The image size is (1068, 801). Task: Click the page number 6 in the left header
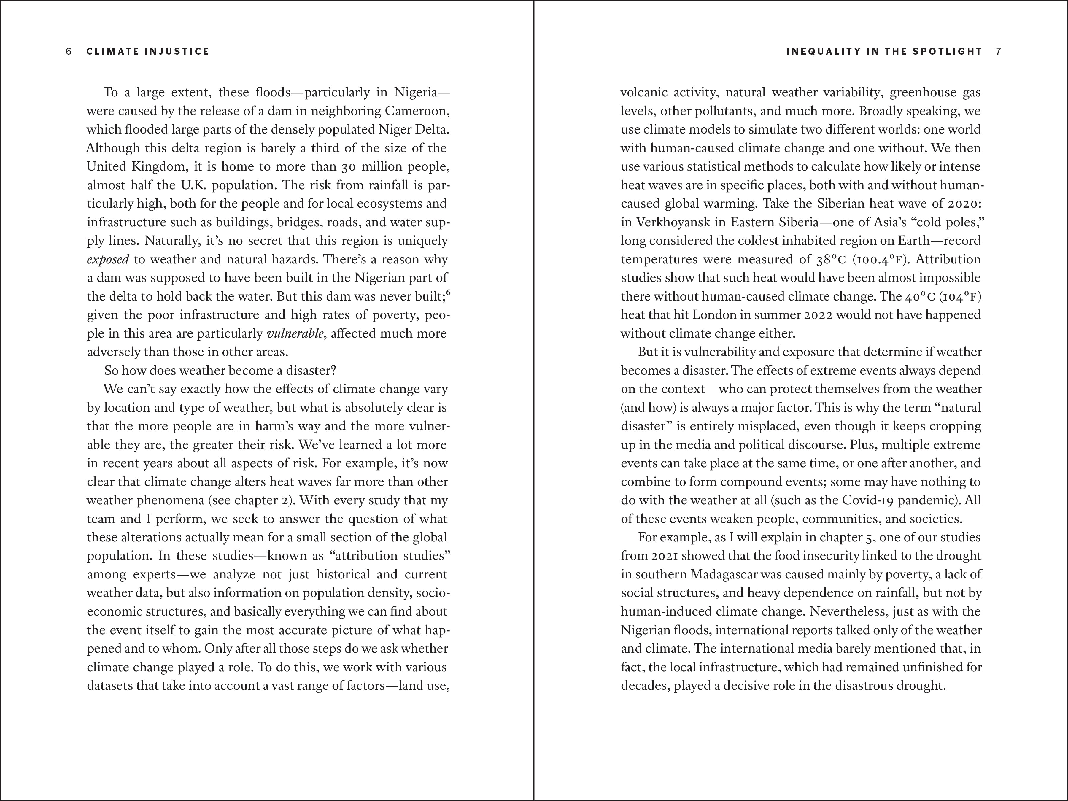click(69, 51)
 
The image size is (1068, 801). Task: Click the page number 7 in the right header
click(999, 51)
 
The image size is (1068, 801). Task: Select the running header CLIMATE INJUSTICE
click(148, 51)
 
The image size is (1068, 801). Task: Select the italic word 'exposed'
click(108, 260)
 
